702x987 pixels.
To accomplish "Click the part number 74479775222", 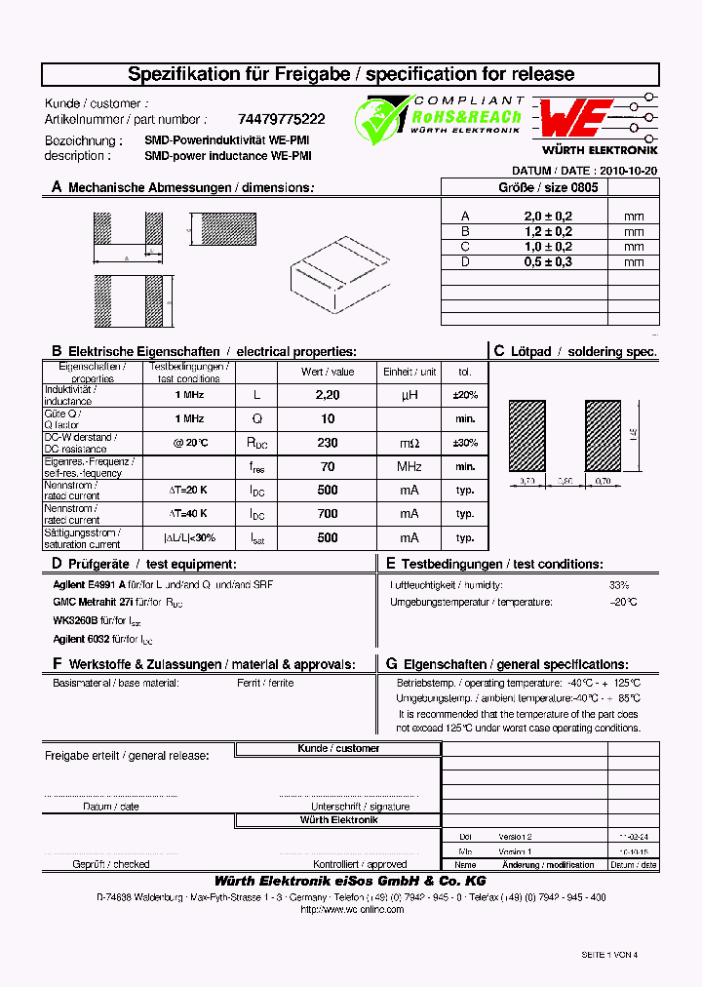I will coord(283,120).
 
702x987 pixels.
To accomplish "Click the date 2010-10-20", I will coord(629,170).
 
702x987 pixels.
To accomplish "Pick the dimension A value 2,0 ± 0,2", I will coord(547,217).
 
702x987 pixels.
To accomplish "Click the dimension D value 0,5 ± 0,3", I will coord(547,261).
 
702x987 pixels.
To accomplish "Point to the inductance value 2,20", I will coord(328,395).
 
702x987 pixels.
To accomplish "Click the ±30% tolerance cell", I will coord(465,443).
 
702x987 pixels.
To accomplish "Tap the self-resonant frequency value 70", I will coord(328,466).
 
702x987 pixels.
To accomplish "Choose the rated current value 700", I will coord(328,514).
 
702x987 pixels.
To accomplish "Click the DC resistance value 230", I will coord(328,443).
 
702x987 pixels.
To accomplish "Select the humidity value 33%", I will coord(619,584).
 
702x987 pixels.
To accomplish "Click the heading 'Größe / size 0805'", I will coord(550,186).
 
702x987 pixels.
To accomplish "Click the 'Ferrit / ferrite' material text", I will coord(265,683).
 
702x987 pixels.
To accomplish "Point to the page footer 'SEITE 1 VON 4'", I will coord(608,955).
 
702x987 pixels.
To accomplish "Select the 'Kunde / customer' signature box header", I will coord(338,748).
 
